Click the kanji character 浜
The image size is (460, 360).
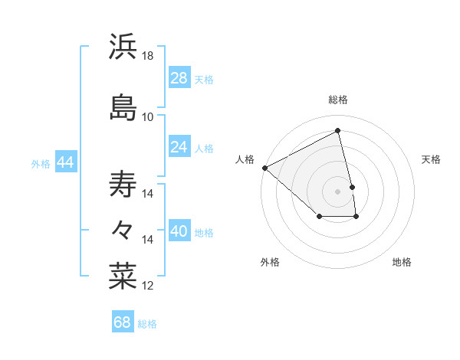coord(123,47)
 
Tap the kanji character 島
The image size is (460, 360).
coord(123,106)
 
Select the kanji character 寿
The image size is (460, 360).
coord(123,185)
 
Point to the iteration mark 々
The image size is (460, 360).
coord(123,229)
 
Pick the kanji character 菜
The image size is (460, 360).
coord(123,275)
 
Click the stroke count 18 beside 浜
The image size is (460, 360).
coord(148,56)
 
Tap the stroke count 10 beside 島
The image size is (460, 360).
coord(148,116)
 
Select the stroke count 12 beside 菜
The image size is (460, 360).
coord(148,286)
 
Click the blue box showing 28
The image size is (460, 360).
coord(179,78)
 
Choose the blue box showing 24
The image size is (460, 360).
coord(179,147)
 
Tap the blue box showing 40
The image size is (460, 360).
coord(179,231)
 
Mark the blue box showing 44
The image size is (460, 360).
coord(65,162)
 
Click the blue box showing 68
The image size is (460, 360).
coord(122,322)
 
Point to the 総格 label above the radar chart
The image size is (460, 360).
coord(338,100)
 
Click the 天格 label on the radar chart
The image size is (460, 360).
coord(431,159)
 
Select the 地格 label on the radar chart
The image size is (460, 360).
coord(402,262)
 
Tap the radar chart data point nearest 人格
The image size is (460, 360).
coord(264,168)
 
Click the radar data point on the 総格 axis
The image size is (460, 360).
coord(338,131)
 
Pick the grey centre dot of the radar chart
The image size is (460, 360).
coord(338,191)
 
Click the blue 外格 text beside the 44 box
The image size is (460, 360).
coord(41,163)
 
